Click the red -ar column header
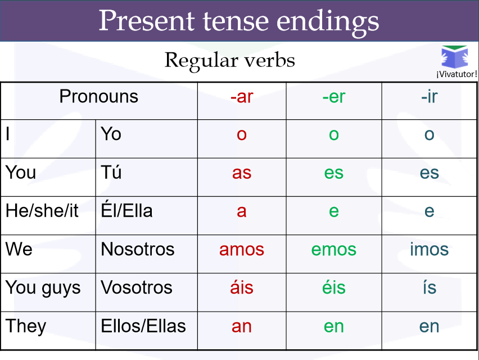[x=242, y=97]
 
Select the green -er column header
[x=334, y=97]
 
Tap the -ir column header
[x=429, y=97]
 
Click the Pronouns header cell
[x=99, y=97]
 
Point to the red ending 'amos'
[x=242, y=249]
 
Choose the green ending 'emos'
[x=334, y=249]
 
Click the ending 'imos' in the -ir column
[x=429, y=249]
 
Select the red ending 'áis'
[x=242, y=287]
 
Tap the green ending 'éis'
[x=334, y=287]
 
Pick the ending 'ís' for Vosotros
[x=429, y=287]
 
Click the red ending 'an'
[x=242, y=326]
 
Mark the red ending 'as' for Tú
[x=242, y=173]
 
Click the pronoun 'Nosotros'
[x=138, y=249]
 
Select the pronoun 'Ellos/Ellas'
[x=143, y=326]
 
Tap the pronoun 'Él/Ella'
[x=126, y=211]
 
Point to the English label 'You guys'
[x=43, y=288]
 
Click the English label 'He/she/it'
[x=42, y=211]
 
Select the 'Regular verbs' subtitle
[x=229, y=60]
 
